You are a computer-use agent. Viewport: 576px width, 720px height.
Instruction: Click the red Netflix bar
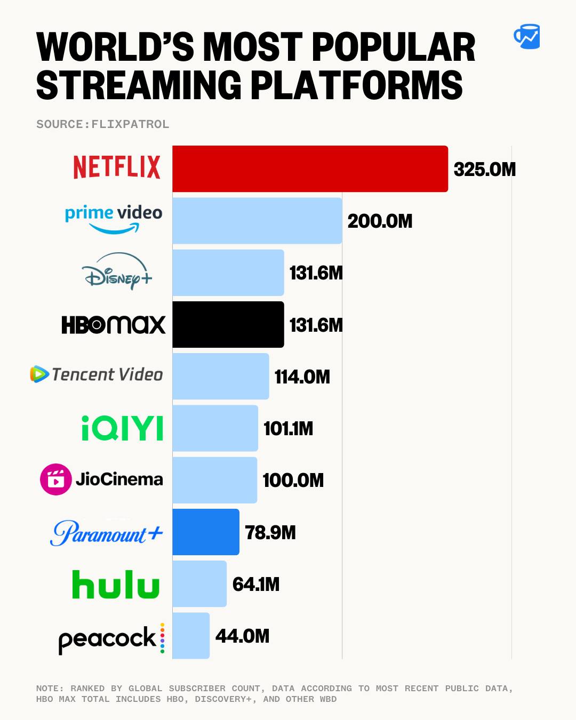[x=310, y=169]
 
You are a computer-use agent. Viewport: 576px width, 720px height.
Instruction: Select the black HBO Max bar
[x=228, y=324]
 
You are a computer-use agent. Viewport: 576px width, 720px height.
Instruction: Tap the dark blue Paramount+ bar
[x=205, y=532]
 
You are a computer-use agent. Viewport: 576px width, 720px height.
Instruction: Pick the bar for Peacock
[x=191, y=635]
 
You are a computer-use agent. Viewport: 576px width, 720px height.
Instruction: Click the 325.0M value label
[x=484, y=170]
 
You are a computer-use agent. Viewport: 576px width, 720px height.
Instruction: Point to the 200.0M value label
[x=380, y=221]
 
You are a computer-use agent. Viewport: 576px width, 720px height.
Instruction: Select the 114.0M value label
[x=302, y=377]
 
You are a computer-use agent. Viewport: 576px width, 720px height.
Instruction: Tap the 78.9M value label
[x=270, y=532]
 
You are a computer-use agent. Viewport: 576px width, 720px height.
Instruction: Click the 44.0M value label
[x=242, y=636]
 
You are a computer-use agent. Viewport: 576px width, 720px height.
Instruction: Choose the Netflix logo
[x=117, y=167]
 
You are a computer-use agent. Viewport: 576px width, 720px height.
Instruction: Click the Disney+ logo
[x=117, y=271]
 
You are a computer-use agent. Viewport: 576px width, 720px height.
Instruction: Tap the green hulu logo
[x=116, y=585]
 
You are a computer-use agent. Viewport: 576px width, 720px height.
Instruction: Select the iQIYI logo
[x=122, y=428]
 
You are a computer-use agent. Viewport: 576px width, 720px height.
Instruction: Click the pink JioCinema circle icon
[x=55, y=479]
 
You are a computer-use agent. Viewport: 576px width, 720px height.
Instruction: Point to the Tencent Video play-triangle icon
[x=39, y=374]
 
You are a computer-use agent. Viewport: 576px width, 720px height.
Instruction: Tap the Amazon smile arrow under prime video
[x=114, y=229]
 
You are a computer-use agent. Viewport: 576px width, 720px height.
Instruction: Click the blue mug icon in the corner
[x=527, y=36]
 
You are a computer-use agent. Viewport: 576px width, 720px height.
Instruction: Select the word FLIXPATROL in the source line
[x=130, y=124]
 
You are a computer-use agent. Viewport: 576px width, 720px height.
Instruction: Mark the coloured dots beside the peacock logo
[x=162, y=638]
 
